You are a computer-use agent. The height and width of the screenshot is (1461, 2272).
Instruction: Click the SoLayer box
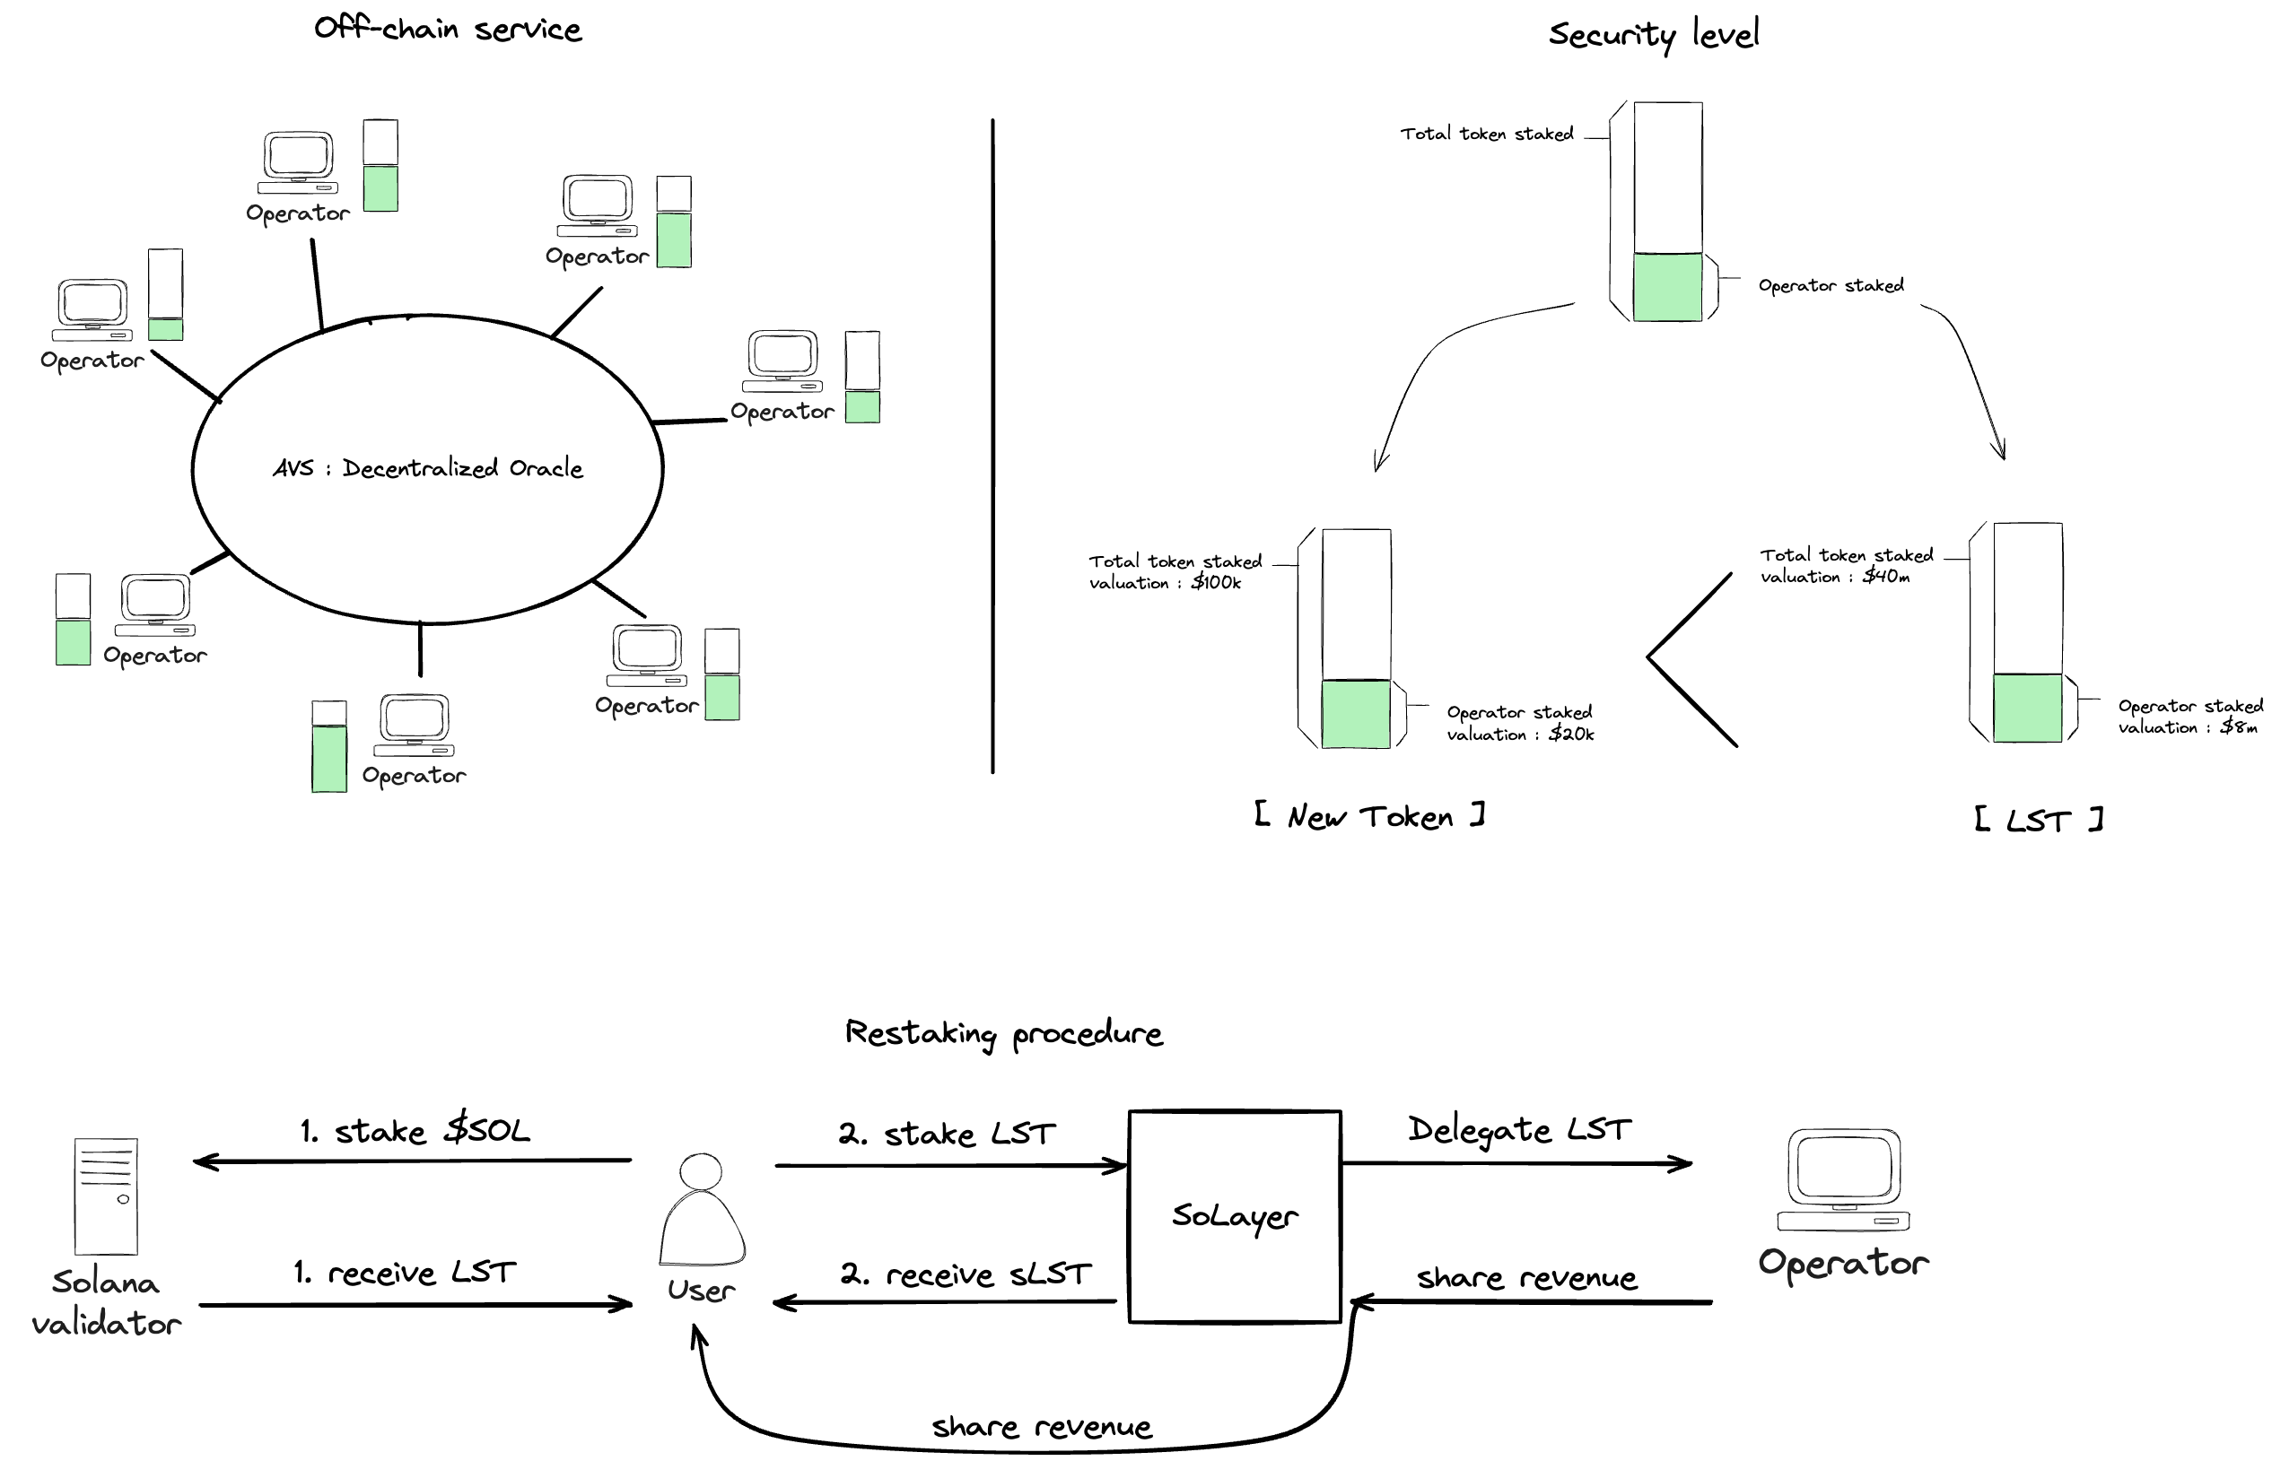coord(1234,1216)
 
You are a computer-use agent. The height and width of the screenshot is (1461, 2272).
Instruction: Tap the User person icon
coord(703,1210)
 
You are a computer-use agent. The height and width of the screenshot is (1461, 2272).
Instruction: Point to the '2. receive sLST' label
coord(966,1274)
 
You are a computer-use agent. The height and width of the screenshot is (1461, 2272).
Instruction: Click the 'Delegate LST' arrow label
coord(1519,1129)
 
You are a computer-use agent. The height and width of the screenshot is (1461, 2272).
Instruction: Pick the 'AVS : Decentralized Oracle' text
coord(428,467)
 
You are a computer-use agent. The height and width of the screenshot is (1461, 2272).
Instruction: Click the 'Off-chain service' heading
coord(448,29)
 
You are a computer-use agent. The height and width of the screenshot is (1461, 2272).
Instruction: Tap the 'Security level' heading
coord(1653,34)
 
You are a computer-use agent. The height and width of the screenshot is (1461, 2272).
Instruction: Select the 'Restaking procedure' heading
coord(1003,1033)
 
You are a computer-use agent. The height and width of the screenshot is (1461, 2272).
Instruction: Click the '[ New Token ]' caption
coord(1369,817)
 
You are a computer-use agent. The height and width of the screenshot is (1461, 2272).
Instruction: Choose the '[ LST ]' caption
coord(2039,820)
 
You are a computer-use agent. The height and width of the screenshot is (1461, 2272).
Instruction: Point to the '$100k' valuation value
coord(1216,582)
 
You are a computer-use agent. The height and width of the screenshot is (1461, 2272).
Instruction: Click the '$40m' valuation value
coord(1886,576)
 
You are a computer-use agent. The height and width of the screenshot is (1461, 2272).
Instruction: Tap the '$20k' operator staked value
coord(1570,734)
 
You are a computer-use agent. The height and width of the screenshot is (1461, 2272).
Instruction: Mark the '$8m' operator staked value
coord(2239,727)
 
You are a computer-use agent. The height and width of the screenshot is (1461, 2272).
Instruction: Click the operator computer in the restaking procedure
coord(1843,1180)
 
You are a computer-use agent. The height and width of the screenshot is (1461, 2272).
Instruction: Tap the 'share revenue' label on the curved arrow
coord(1041,1427)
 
